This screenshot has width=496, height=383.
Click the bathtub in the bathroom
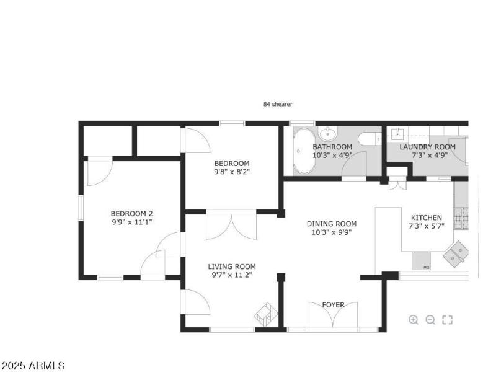pyautogui.click(x=304, y=151)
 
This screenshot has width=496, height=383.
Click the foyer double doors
pyautogui.click(x=334, y=316)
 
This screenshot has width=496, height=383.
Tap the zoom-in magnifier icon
pyautogui.click(x=414, y=320)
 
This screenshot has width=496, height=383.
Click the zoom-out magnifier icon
pyautogui.click(x=430, y=320)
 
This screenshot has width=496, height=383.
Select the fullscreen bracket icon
pyautogui.click(x=447, y=320)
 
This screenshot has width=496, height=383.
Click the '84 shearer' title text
pyautogui.click(x=278, y=105)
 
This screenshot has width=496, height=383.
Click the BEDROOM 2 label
pyautogui.click(x=131, y=213)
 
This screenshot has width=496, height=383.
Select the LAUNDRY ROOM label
pyautogui.click(x=427, y=147)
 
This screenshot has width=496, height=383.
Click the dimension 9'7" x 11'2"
pyautogui.click(x=232, y=275)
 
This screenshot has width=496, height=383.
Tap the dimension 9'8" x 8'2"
pyautogui.click(x=232, y=172)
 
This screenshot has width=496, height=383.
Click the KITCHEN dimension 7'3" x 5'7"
pyautogui.click(x=427, y=226)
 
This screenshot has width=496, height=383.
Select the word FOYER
pyautogui.click(x=333, y=305)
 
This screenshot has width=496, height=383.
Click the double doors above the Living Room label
pyautogui.click(x=231, y=226)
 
